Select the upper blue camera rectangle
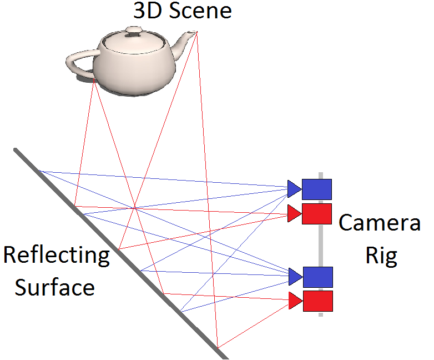316,189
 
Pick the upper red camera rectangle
316,214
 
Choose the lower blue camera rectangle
317,277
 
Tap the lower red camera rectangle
317,301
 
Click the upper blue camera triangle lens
294,189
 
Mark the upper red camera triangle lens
294,214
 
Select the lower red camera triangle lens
295,301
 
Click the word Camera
380,223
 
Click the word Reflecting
57,256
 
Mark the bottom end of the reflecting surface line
225,357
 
